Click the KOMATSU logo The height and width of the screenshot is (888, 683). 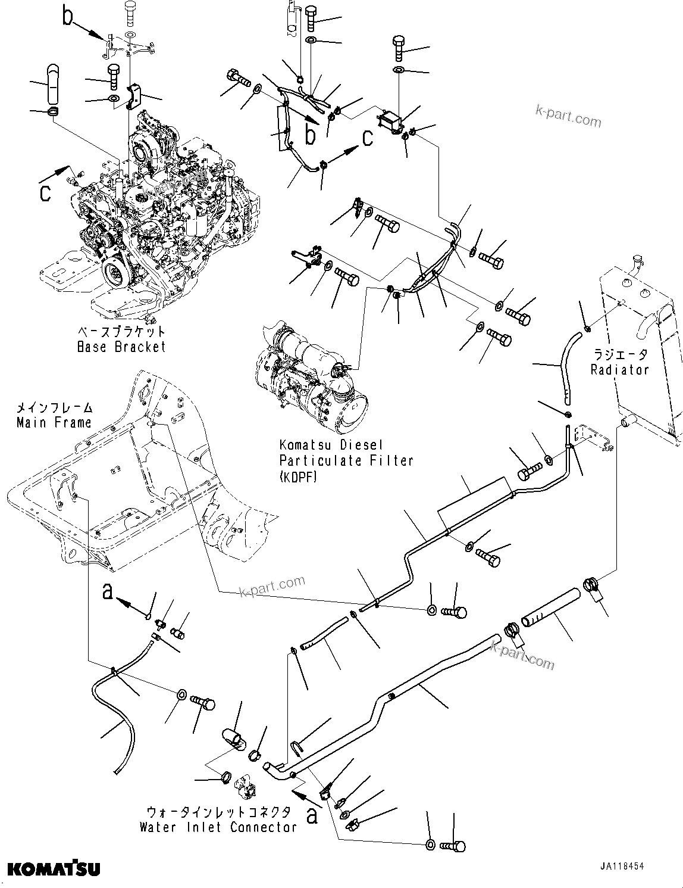pos(54,869)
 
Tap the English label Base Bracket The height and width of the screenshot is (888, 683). pos(121,347)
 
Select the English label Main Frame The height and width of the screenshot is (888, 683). pos(54,422)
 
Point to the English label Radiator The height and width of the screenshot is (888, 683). pos(619,369)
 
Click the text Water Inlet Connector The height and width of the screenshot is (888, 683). pos(218,827)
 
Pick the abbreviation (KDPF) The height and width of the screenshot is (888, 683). pos(298,476)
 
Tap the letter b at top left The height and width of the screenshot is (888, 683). pos(68,16)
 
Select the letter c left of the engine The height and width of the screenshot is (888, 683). pos(45,192)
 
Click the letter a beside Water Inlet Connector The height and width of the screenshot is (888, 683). pos(312,814)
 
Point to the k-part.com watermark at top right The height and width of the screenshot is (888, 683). pos(568,117)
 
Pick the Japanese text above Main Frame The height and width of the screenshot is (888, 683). pos(54,408)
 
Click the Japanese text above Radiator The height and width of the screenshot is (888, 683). pos(619,354)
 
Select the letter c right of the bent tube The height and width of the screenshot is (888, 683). pos(368,138)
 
